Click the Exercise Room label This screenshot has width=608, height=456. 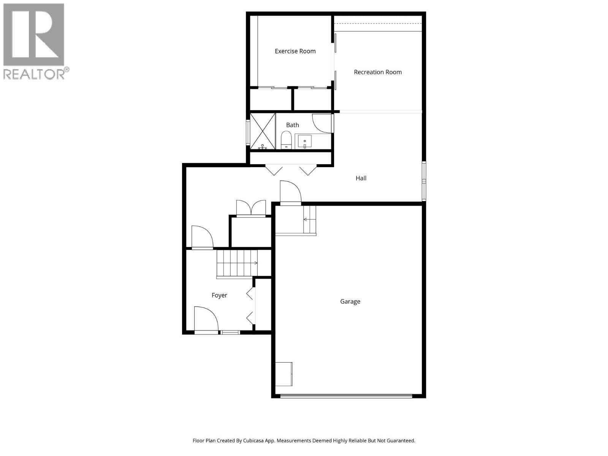[x=295, y=51]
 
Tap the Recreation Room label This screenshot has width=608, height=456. [x=378, y=72]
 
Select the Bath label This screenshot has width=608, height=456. [x=293, y=125]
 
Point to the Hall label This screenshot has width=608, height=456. [x=361, y=178]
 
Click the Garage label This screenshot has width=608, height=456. [x=350, y=302]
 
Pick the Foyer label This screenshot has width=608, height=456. [x=219, y=295]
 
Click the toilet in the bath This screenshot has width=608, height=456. [x=286, y=140]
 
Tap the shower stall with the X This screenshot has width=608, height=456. [x=263, y=131]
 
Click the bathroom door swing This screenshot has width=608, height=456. [x=321, y=123]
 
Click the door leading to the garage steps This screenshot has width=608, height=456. [x=290, y=193]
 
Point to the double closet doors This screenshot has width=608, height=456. [x=251, y=208]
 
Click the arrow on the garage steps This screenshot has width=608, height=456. [x=306, y=220]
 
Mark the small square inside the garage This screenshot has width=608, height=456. [x=284, y=374]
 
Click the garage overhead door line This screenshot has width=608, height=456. [x=346, y=396]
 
